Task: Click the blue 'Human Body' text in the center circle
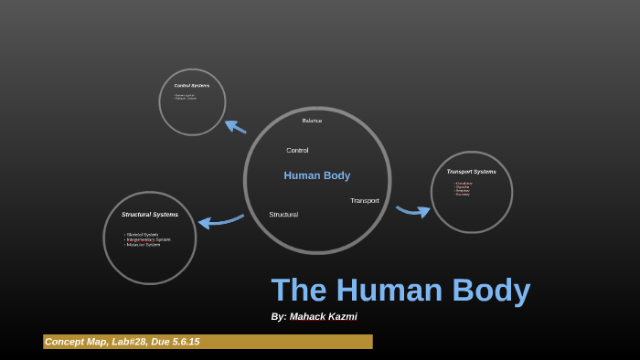316,175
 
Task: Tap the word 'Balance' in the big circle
312,121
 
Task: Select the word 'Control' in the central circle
297,150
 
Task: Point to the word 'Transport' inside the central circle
364,201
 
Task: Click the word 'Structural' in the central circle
283,215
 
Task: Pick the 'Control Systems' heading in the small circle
192,86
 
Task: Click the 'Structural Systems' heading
150,215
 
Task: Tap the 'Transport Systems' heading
471,172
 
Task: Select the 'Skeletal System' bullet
144,235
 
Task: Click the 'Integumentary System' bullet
149,239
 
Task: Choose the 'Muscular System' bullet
144,245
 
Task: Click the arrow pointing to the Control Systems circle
235,127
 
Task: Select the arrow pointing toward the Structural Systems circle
219,221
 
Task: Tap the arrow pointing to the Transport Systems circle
413,211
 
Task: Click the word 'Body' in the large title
485,291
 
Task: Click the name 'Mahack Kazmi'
323,317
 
